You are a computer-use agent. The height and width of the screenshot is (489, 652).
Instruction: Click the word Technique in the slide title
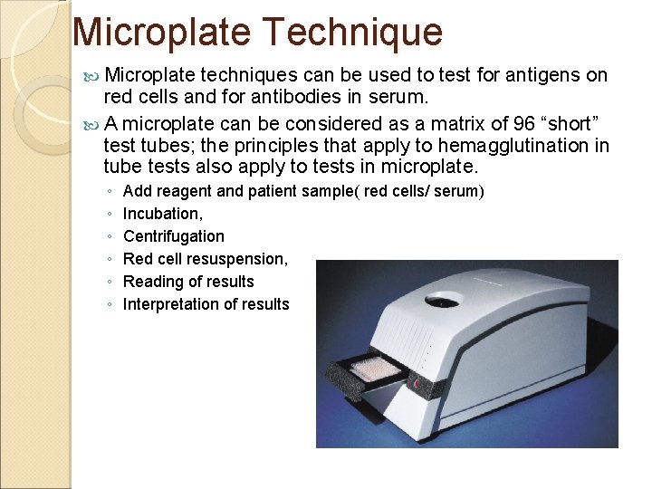[352, 33]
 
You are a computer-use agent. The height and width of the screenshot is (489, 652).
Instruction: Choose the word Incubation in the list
[162, 214]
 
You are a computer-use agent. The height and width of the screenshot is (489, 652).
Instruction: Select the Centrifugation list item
[173, 236]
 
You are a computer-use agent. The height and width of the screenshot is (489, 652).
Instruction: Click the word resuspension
[240, 259]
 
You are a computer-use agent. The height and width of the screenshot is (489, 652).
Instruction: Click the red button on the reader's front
[417, 384]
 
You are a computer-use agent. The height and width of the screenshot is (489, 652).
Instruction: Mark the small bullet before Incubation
[109, 215]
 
